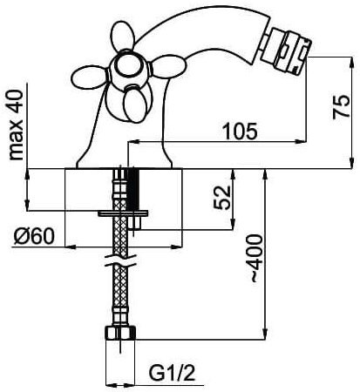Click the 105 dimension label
(x=240, y=131)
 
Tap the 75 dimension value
(x=341, y=106)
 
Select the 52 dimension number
(x=222, y=198)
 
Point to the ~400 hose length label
(x=256, y=259)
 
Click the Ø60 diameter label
(x=34, y=236)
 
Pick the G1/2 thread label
(x=172, y=373)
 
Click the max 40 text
(x=16, y=125)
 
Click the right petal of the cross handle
(x=168, y=67)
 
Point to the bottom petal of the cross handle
(x=134, y=105)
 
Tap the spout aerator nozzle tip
(x=286, y=51)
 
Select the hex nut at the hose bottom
(x=120, y=333)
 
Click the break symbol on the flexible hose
(x=120, y=260)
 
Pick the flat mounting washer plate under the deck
(x=123, y=213)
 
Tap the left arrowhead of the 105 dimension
(x=133, y=142)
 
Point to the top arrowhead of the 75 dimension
(x=352, y=62)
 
